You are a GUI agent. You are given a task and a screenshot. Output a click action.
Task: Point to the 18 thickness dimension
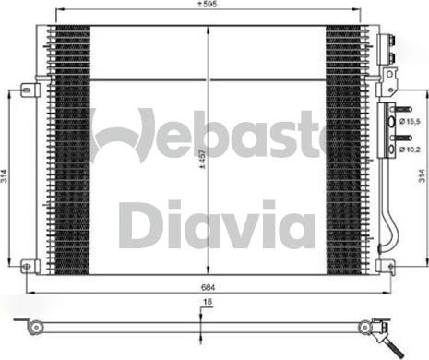(x=208, y=304)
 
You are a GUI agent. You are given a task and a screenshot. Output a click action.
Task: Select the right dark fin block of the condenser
(x=345, y=148)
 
